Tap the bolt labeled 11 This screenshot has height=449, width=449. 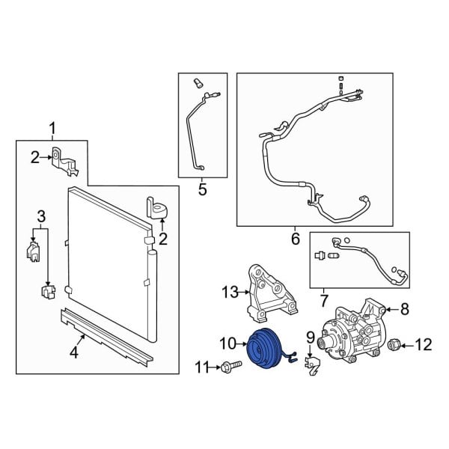[231, 366]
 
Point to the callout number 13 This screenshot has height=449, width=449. [230, 293]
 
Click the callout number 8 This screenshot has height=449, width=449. [405, 309]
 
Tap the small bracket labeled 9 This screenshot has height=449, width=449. [312, 364]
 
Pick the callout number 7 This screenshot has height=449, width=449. [324, 301]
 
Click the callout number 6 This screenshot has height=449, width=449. [296, 239]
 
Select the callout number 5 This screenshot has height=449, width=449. [203, 189]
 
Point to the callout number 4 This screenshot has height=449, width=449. [74, 352]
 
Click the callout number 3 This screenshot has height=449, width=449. [41, 216]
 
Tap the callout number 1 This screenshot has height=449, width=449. [52, 129]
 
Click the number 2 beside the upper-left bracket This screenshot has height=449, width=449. [35, 157]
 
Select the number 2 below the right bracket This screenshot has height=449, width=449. [162, 239]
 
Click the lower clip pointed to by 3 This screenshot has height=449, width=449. [49, 292]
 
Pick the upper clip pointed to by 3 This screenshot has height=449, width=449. [34, 251]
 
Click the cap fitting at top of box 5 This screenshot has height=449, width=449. [198, 82]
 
